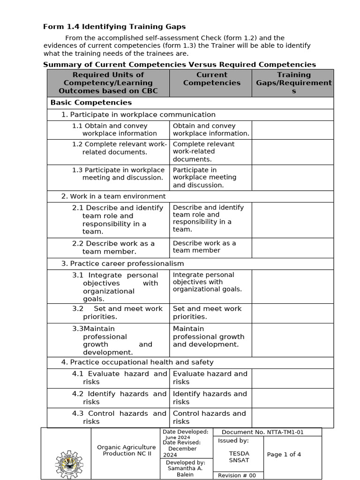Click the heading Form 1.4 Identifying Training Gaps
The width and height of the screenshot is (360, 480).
point(114,27)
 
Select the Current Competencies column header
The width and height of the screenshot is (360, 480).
point(211,79)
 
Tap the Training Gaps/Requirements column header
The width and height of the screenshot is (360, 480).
point(293,83)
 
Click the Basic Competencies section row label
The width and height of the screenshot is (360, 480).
point(91,103)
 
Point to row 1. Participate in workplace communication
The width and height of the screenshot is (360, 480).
point(138,115)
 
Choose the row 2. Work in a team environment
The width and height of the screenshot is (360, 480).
point(113,196)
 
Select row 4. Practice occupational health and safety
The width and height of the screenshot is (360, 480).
point(137,362)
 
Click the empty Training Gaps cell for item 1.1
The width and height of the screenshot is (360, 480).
point(292,130)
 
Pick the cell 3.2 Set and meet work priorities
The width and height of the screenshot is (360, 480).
point(117,313)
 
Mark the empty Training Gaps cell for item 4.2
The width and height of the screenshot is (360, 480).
point(292,398)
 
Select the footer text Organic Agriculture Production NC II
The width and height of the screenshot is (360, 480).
point(126,450)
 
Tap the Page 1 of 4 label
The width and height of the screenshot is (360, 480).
point(284,454)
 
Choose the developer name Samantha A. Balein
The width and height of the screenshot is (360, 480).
point(186,471)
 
